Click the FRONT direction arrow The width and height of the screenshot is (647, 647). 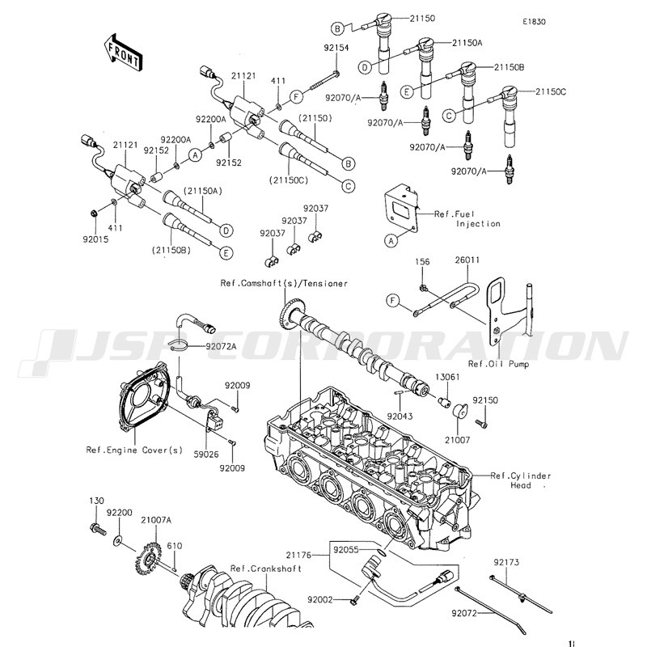(x=123, y=53)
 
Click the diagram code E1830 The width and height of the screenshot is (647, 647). (x=534, y=22)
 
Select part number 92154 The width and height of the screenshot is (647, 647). (x=336, y=48)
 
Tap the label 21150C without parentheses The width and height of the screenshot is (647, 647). (x=551, y=91)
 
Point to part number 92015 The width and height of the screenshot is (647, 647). (x=95, y=239)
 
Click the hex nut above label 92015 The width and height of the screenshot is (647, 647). (x=94, y=214)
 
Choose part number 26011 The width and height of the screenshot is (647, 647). (x=467, y=260)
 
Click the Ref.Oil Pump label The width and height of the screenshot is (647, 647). (x=498, y=364)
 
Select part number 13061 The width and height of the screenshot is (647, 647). (x=448, y=377)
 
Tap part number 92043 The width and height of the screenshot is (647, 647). (x=400, y=417)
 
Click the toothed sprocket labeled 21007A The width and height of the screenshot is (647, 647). (x=147, y=560)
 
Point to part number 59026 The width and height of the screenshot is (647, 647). (x=206, y=455)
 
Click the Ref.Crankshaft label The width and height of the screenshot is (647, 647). (x=266, y=569)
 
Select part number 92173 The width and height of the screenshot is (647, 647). (x=506, y=562)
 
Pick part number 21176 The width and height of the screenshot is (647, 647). (x=298, y=556)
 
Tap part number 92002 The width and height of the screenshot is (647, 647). (x=320, y=599)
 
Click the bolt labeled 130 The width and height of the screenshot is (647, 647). (x=97, y=528)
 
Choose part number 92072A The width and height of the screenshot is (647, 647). (x=221, y=346)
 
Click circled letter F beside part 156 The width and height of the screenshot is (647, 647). (x=393, y=300)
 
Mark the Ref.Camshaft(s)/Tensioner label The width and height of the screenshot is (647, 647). (x=284, y=284)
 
